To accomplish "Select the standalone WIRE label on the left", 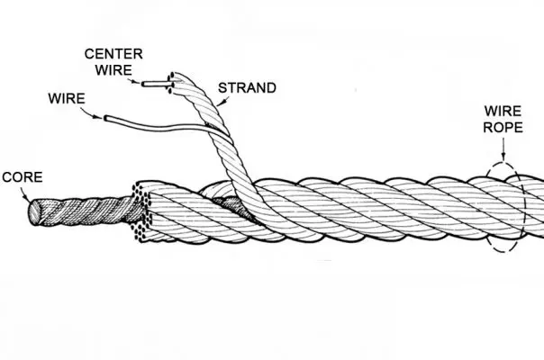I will click(61, 94).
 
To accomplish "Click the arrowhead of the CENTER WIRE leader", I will click(141, 83).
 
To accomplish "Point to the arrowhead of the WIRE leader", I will click(104, 115).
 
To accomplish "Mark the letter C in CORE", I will click(7, 176).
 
